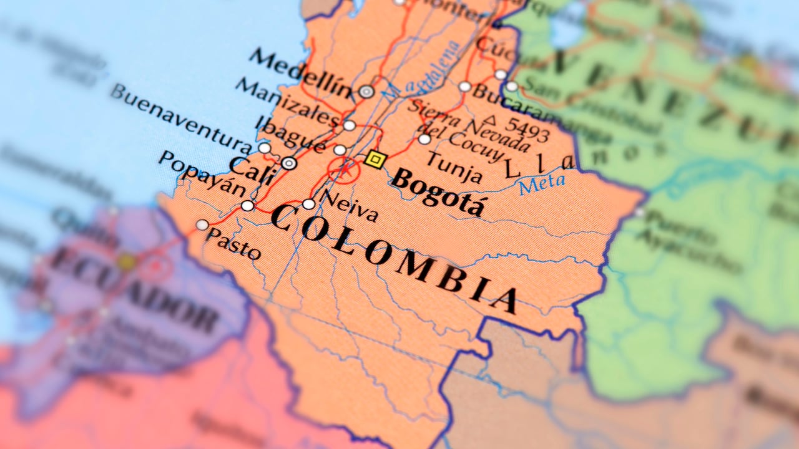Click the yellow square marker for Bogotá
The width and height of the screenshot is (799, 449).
(x=374, y=160)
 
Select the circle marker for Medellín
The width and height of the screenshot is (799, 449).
(x=366, y=92)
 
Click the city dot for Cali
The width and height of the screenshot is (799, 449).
(x=288, y=163)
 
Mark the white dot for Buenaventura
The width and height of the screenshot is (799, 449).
(x=265, y=148)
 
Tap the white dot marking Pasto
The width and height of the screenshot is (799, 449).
(x=202, y=224)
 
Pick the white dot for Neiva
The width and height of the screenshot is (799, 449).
(x=309, y=204)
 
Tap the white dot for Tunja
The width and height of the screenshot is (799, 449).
(x=424, y=139)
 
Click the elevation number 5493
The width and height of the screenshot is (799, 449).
(x=526, y=128)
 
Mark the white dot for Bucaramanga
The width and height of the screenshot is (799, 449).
(x=465, y=87)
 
